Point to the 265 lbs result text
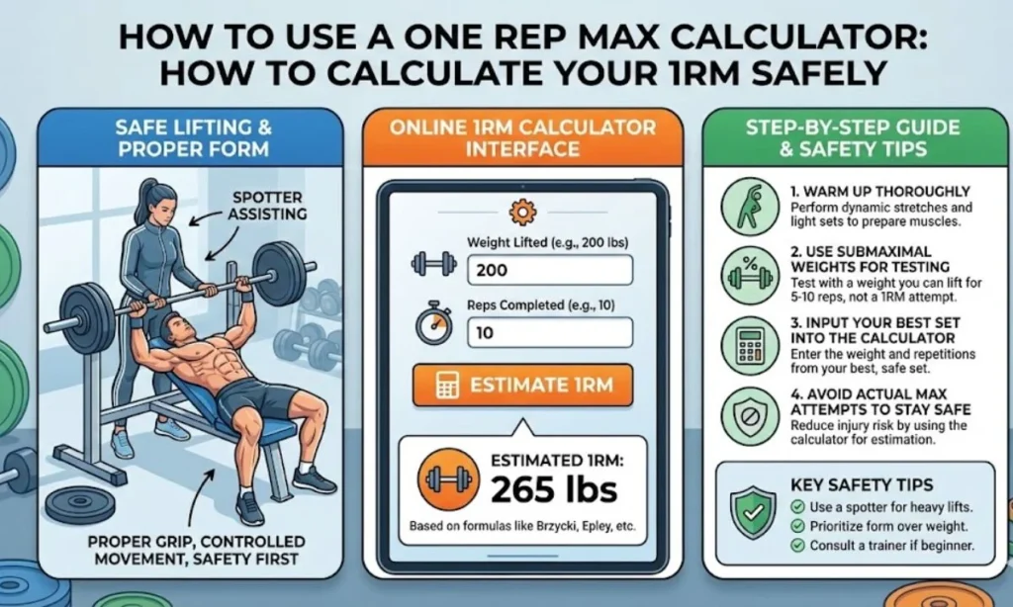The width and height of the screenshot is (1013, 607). coord(554,488)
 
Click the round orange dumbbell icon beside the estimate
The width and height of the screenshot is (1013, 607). coord(442,479)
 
